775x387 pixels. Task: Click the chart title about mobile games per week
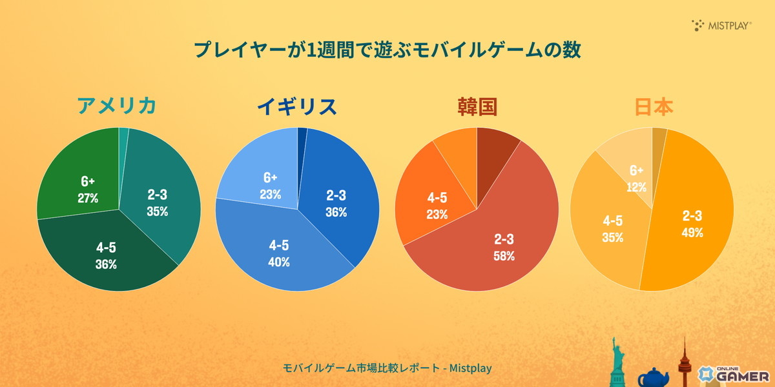click(387, 50)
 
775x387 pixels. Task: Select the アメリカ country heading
click(116, 106)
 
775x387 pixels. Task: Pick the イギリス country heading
click(297, 106)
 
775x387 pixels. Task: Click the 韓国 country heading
click(476, 106)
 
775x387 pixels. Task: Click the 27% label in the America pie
click(88, 198)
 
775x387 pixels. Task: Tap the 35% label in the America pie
click(157, 211)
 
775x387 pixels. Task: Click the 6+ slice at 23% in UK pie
click(270, 186)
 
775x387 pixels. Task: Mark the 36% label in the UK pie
click(336, 212)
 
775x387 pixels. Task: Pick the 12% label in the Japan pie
click(636, 186)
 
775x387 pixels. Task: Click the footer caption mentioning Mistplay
click(387, 368)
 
